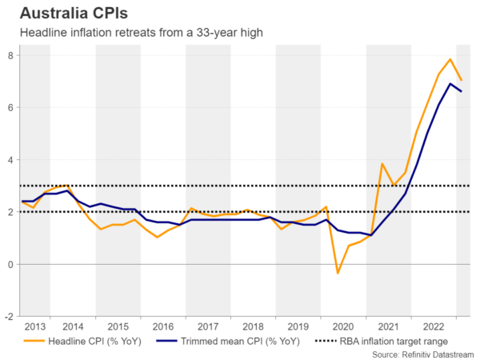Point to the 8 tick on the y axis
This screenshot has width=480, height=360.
10,55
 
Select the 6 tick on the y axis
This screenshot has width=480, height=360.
10,107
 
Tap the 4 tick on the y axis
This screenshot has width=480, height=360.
10,160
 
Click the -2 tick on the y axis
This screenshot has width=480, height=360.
8,316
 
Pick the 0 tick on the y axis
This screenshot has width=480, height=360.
10,264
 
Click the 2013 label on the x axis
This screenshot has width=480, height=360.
34,326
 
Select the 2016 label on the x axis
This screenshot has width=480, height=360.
163,326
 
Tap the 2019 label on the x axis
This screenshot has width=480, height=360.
298,326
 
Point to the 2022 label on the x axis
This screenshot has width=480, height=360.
433,326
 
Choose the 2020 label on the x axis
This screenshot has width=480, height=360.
343,326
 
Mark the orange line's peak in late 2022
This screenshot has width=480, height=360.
450,59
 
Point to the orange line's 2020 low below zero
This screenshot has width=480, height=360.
338,274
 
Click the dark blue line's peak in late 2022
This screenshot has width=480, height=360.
450,84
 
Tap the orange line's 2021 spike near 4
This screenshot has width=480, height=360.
382,164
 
